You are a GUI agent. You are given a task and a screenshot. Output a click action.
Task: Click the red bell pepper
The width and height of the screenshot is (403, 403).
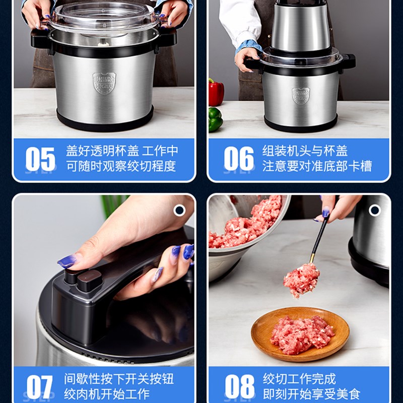click(216, 92)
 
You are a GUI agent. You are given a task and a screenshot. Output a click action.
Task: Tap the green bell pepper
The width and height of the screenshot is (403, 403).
click(215, 120)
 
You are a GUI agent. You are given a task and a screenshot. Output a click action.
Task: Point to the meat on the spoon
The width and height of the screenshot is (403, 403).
click(301, 280)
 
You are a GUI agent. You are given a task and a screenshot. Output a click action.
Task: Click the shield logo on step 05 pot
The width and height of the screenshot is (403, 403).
click(104, 83)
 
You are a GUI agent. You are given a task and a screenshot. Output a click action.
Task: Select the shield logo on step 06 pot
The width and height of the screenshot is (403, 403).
click(301, 95)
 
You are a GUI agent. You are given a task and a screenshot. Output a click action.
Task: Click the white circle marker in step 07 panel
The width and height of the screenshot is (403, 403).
click(179, 210)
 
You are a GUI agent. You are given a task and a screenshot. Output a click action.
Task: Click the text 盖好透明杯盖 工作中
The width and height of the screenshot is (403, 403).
click(122, 151)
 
